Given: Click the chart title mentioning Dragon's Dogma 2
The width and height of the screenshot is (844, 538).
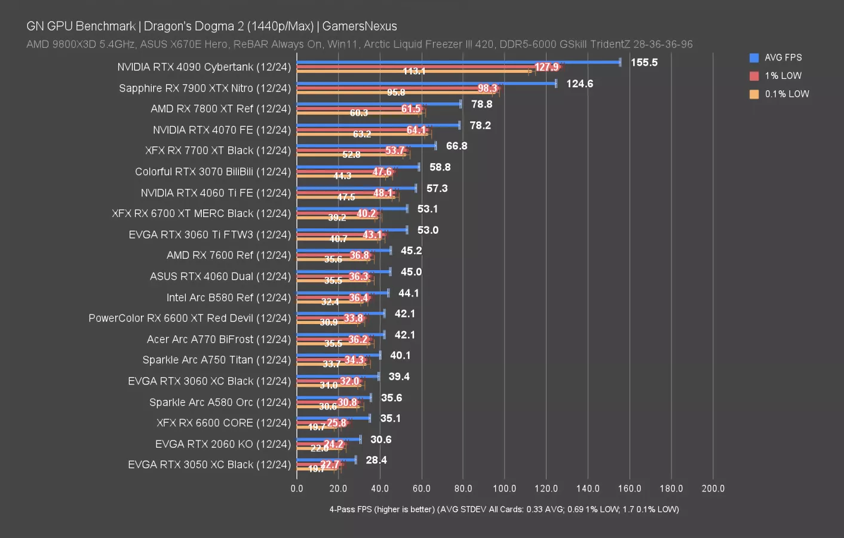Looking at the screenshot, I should click(211, 26).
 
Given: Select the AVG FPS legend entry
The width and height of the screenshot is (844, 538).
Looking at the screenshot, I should click(782, 57).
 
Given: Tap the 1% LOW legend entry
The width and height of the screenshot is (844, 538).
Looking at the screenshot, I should click(782, 76).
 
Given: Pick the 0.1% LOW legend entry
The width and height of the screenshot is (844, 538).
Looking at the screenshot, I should click(786, 94).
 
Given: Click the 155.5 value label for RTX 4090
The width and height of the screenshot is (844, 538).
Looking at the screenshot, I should click(644, 62).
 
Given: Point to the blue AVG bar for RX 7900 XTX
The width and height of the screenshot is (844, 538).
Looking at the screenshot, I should click(426, 83).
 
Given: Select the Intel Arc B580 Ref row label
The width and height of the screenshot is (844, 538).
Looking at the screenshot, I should click(228, 297).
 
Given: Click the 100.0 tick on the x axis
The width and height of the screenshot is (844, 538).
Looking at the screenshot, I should click(504, 488).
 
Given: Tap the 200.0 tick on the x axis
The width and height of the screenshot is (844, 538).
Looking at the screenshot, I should click(713, 488).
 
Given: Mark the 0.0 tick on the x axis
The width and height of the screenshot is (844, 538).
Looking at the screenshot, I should click(297, 488).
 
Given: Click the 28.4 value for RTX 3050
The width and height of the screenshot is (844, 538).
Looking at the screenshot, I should click(376, 460).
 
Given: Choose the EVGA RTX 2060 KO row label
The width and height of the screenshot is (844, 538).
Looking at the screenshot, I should click(223, 444).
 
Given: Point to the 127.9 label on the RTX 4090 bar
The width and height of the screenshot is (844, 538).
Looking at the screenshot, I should click(547, 67).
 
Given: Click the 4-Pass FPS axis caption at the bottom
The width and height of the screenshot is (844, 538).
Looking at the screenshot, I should click(504, 509).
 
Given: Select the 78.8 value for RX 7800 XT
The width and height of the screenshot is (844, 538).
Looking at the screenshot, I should click(481, 104).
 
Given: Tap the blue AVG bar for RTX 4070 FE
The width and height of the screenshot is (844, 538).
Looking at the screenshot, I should click(378, 125).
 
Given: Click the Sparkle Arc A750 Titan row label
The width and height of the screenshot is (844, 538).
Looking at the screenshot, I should click(216, 360).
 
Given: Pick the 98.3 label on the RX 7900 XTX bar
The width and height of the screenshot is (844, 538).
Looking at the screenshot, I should click(487, 88).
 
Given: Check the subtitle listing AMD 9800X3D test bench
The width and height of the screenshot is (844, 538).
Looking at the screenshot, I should click(359, 44).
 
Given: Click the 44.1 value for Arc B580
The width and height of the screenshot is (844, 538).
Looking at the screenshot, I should click(409, 293).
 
